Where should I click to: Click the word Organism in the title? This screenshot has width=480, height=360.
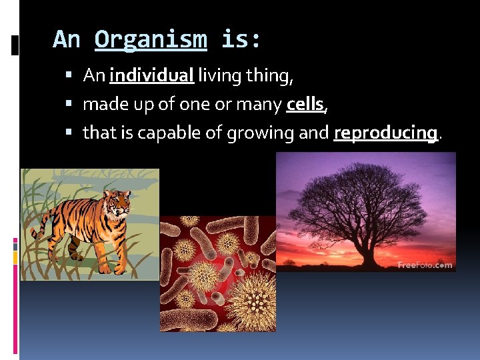150,40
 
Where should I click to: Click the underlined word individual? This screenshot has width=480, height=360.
151,76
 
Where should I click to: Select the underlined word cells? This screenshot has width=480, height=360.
305,105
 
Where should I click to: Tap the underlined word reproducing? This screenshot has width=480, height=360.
385,133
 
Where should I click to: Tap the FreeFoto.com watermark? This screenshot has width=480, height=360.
425,265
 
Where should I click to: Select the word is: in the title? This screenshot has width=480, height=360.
241,40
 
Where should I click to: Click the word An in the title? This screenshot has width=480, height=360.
66,40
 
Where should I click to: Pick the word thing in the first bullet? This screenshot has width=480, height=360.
268,76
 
